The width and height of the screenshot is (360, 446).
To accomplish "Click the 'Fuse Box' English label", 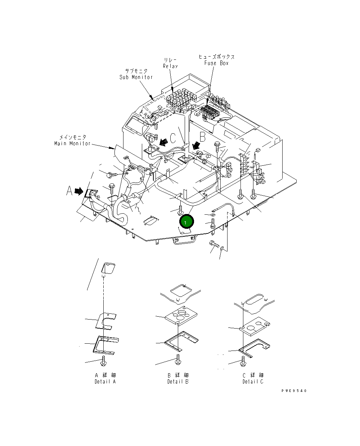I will [x=216, y=63].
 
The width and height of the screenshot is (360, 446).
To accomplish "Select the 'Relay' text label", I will [x=170, y=66].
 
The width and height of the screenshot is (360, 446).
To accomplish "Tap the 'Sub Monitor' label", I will [x=136, y=77].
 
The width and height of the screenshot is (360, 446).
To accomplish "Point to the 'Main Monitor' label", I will [x=72, y=143].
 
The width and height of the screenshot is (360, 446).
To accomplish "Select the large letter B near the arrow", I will [x=203, y=137].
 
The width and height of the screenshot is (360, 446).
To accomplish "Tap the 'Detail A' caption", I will [x=105, y=382].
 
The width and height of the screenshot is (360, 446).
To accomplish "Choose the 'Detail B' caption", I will [x=178, y=382].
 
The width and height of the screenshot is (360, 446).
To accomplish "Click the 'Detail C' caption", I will [x=253, y=382].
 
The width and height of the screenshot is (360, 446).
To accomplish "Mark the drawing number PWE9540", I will [x=294, y=391].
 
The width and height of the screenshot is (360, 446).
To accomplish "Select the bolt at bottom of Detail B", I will [x=177, y=358].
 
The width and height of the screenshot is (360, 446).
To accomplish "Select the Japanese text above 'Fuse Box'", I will [x=216, y=57].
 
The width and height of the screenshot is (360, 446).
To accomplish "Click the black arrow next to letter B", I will [x=196, y=145].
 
